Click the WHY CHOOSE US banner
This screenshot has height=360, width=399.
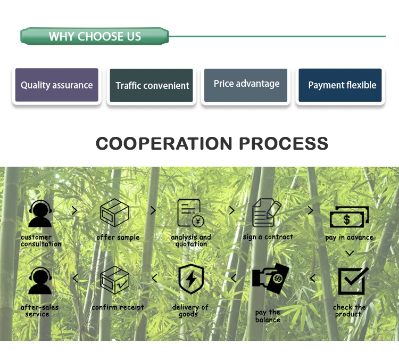[95, 37]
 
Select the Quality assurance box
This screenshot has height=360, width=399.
[56, 85]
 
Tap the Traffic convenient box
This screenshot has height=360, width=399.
[152, 85]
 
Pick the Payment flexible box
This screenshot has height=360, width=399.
[340, 85]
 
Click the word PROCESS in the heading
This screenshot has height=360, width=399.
[283, 143]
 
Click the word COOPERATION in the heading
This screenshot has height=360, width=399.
[164, 143]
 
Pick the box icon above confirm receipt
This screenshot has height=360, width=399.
[115, 280]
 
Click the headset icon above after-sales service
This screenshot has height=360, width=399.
[41, 281]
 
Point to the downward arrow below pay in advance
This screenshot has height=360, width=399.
[350, 252]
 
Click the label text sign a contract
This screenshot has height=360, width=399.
[268, 237]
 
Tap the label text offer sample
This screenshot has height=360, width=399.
[118, 238]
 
